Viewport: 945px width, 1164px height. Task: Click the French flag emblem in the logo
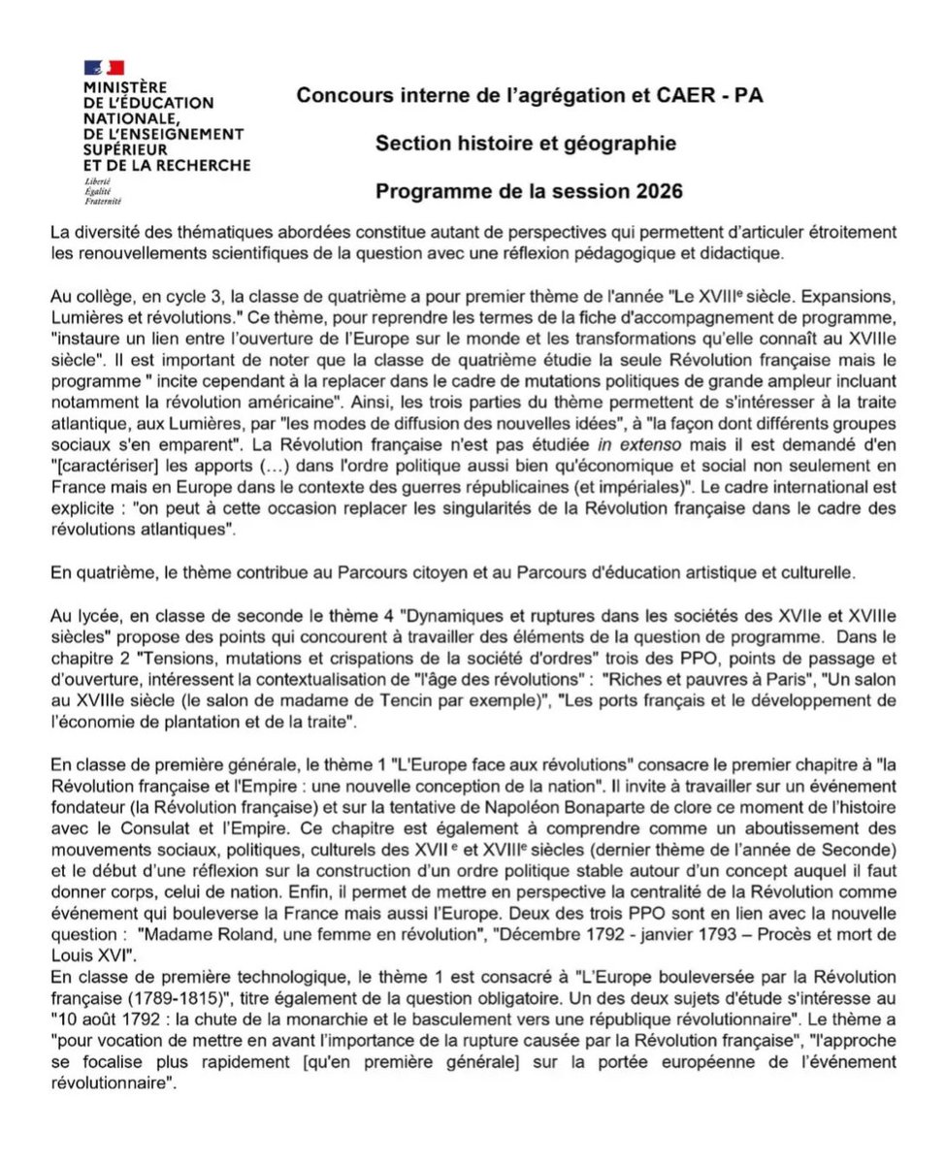pyautogui.click(x=105, y=67)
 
